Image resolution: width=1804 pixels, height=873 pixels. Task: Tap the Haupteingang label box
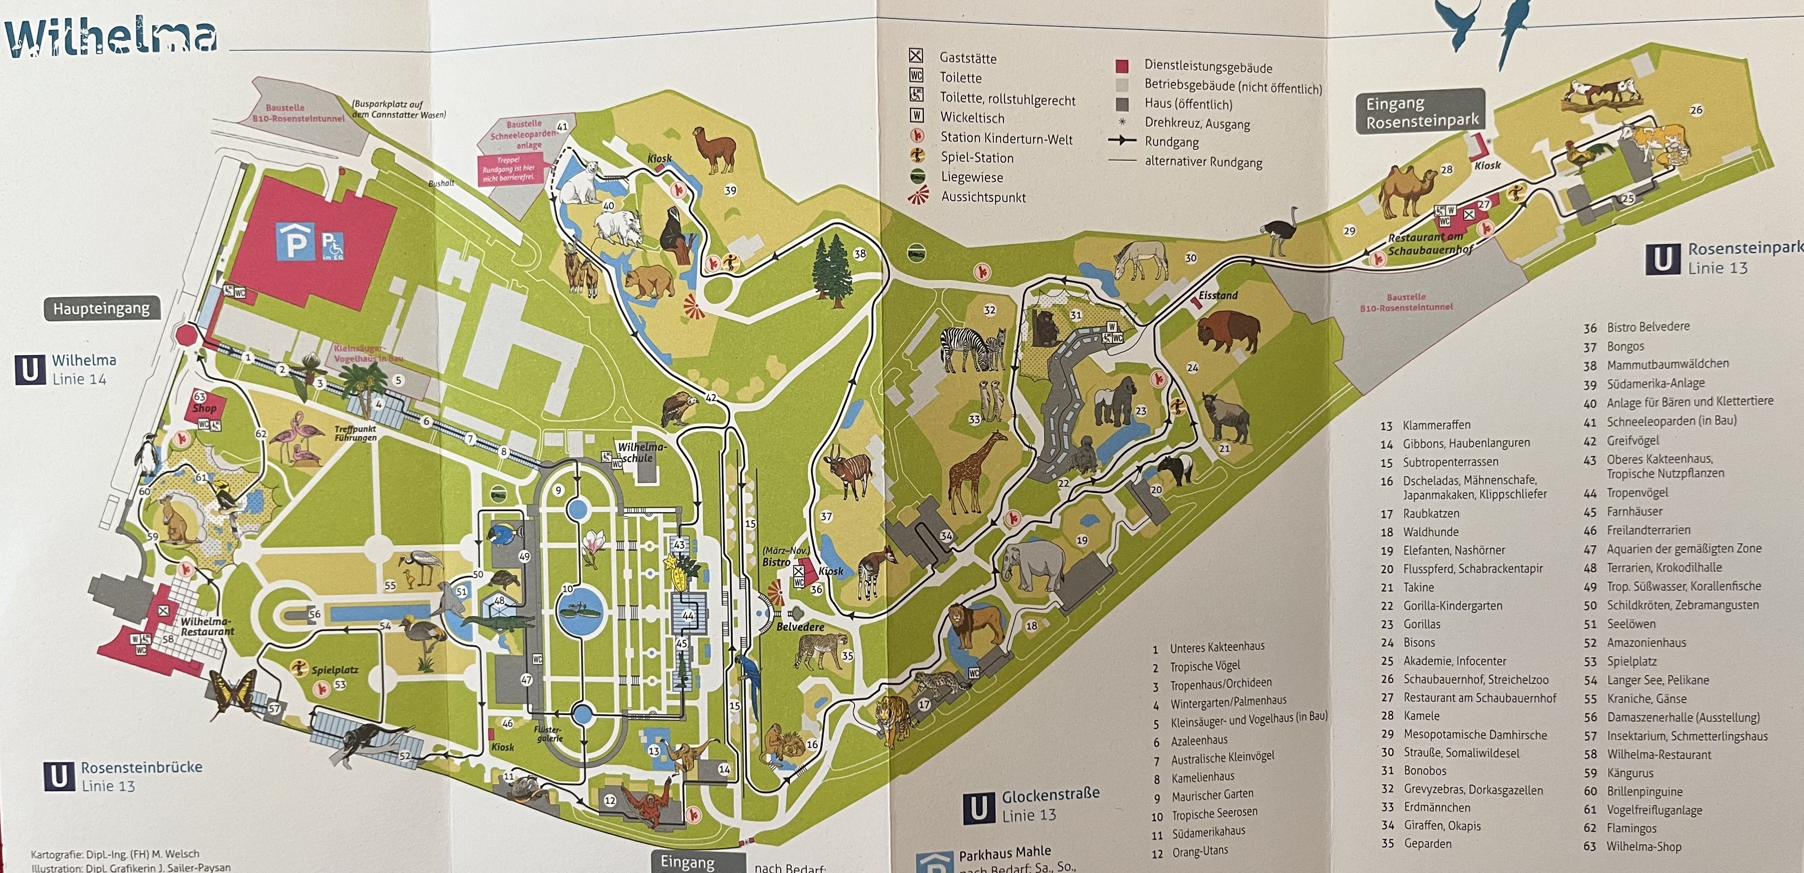pyautogui.click(x=101, y=308)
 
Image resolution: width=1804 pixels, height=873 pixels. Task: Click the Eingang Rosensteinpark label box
pyautogui.click(x=1421, y=112)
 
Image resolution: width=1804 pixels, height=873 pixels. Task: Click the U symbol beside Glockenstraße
pyautogui.click(x=978, y=808)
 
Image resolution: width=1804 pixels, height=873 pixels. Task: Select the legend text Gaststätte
pyautogui.click(x=968, y=58)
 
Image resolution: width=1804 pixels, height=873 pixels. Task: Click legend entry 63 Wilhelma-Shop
pyautogui.click(x=1643, y=846)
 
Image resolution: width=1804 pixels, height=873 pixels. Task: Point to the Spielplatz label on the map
pyautogui.click(x=335, y=670)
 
